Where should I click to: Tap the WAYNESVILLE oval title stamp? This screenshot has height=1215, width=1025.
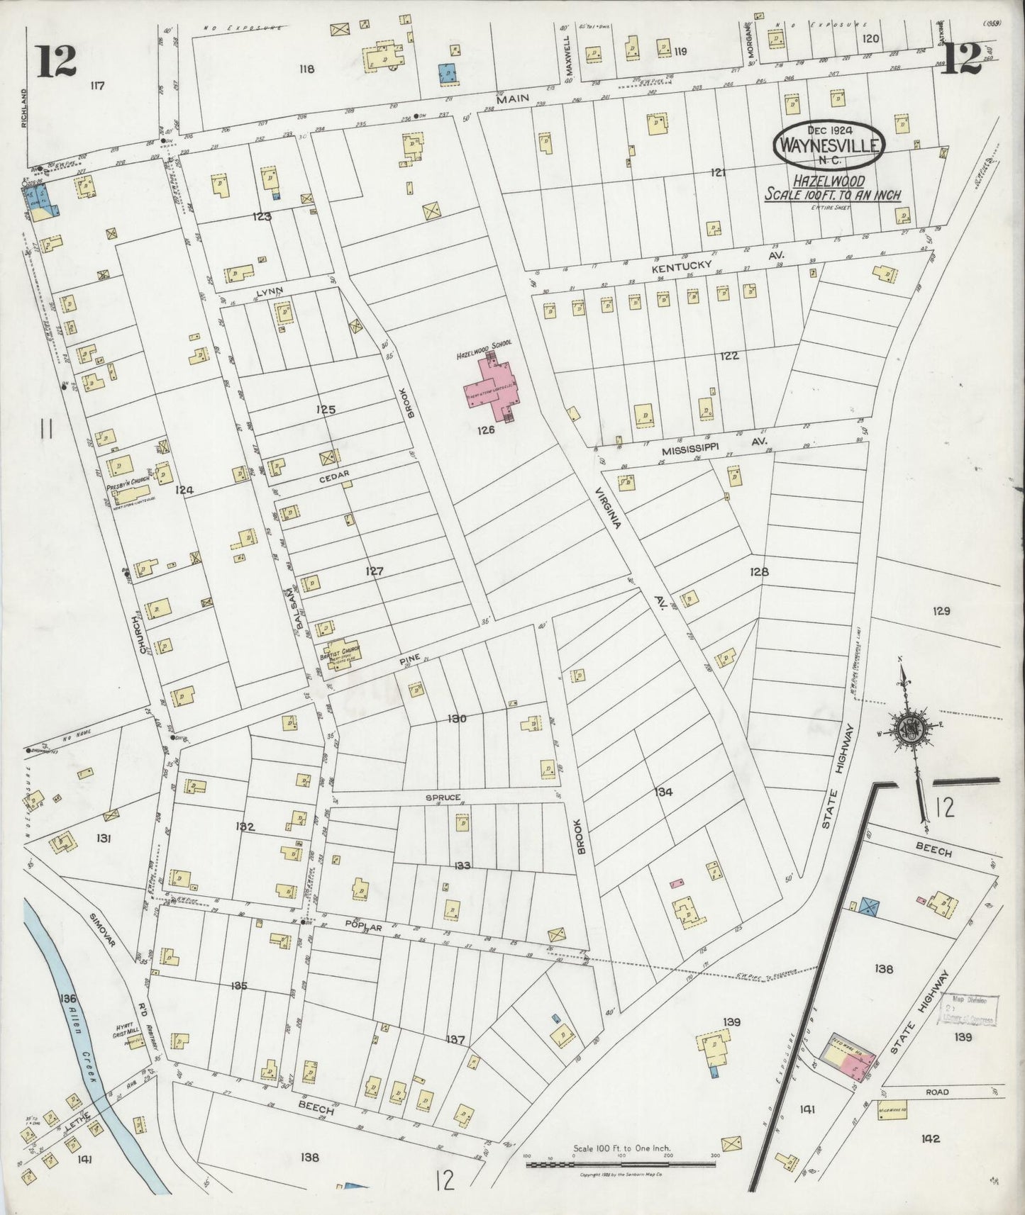[829, 145]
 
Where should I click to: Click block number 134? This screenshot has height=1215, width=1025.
[664, 793]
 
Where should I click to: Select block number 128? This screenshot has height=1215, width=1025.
[758, 571]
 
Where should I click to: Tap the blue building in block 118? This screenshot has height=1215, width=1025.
[447, 73]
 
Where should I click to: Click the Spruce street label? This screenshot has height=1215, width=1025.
[443, 797]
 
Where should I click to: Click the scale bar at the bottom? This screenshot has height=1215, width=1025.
[621, 1164]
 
